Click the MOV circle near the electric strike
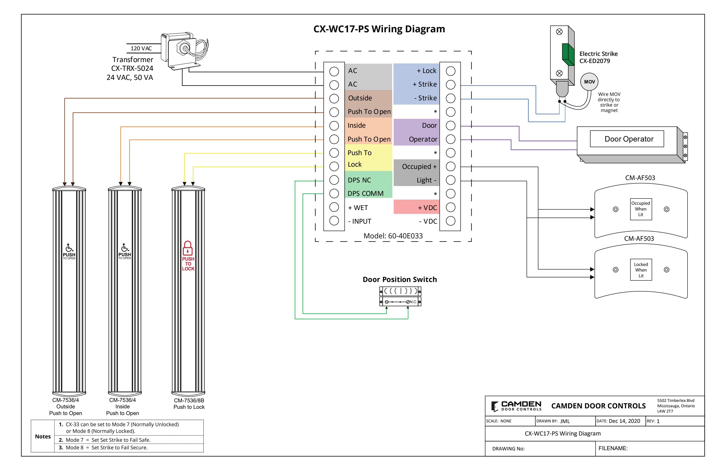point(589,82)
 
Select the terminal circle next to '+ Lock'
point(451,71)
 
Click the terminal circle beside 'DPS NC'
point(334,180)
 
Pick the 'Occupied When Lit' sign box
point(641,209)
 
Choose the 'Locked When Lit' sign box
point(641,270)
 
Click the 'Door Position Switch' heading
point(400,280)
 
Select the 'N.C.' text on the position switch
point(413,302)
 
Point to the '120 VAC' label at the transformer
point(141,49)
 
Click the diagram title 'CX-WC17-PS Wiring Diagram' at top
point(379,29)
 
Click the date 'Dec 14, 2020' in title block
point(624,421)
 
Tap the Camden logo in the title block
point(516,406)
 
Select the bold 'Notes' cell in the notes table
point(43,436)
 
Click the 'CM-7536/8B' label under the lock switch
point(189,400)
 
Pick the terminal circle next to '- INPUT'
point(334,221)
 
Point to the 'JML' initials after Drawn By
point(565,421)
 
